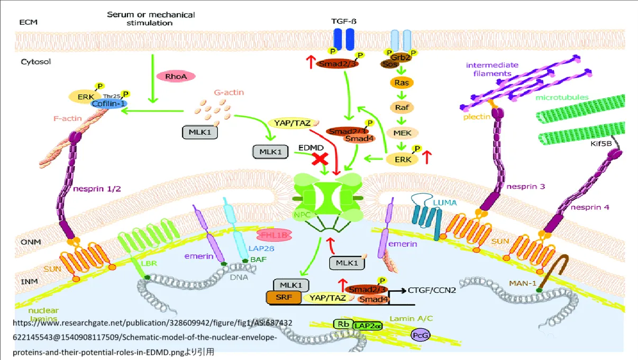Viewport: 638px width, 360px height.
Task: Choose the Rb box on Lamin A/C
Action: [342, 324]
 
